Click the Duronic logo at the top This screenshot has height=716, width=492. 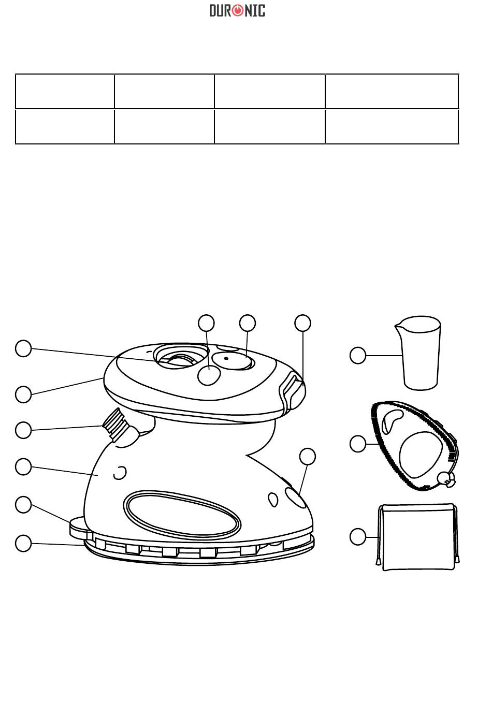[x=237, y=10]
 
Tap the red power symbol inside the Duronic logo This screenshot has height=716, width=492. [x=237, y=10]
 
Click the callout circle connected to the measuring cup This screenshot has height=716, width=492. [x=358, y=356]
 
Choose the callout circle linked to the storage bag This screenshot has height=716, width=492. [x=358, y=537]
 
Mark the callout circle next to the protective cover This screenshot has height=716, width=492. [x=358, y=444]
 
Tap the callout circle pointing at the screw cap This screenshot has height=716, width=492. [x=23, y=430]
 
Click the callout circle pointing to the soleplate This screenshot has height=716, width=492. [x=23, y=543]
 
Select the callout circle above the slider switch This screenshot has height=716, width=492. [x=303, y=323]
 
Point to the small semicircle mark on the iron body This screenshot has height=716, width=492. [x=120, y=472]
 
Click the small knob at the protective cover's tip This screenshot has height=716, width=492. [x=446, y=479]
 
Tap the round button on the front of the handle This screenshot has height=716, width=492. [x=208, y=375]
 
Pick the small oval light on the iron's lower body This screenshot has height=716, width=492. [x=272, y=499]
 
